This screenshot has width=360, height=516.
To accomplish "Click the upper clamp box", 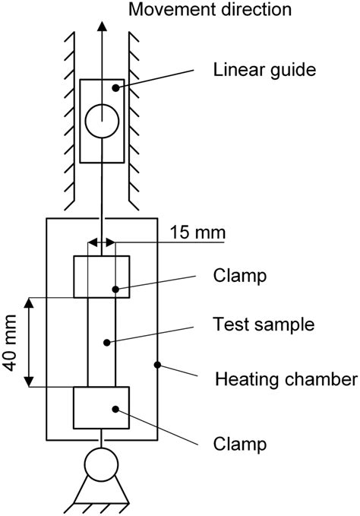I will click(101, 277).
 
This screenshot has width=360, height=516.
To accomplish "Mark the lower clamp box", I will click(101, 407).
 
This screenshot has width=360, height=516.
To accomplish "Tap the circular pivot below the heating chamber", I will click(101, 464).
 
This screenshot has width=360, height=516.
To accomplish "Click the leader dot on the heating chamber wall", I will click(158, 365).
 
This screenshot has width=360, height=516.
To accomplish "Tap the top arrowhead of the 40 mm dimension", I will click(30, 303).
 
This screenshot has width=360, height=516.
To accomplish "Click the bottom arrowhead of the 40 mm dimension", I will click(30, 381).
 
